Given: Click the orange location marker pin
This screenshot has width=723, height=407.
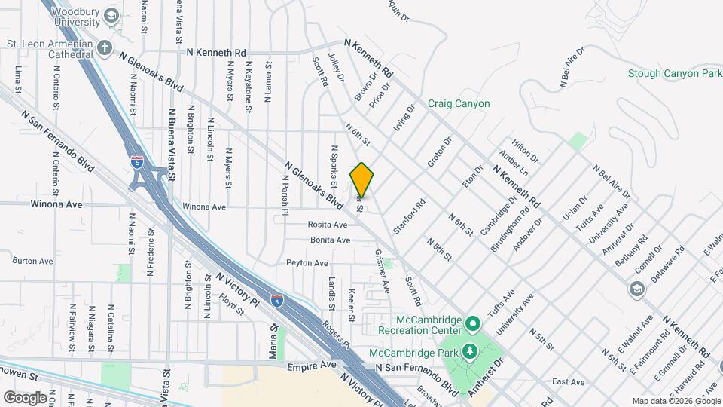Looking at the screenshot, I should [362, 179].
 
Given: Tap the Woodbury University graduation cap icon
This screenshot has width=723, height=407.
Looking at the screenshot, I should [111, 16].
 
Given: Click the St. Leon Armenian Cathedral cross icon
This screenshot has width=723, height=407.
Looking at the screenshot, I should [105, 47].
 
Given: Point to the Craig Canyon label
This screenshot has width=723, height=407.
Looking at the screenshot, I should [459, 104].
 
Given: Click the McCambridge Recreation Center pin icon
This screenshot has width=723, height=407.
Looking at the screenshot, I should [473, 325].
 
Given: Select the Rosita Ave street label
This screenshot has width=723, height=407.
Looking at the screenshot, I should [328, 225].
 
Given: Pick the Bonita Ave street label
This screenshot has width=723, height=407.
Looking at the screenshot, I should [331, 240].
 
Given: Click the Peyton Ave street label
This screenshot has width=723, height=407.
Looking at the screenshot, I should [307, 263].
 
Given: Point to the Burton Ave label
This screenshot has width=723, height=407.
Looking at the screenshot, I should [33, 261].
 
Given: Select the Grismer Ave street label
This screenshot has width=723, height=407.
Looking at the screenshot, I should [381, 272].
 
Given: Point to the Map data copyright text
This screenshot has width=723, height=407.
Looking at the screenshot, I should [675, 401].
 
